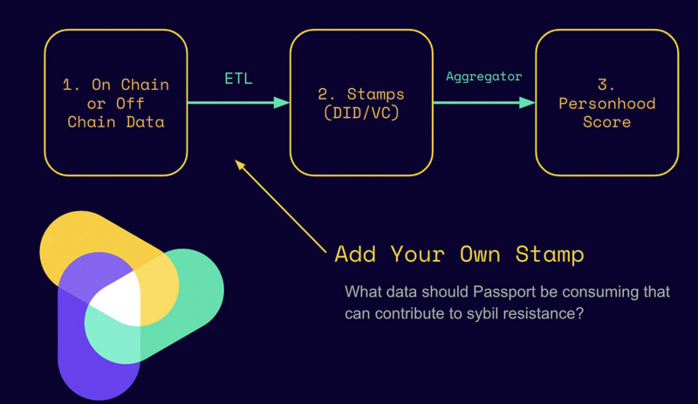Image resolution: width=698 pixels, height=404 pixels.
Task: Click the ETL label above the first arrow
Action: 238,79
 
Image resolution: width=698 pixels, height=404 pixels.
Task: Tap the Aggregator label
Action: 483,76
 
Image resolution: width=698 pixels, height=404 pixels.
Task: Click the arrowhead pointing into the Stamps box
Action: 281,103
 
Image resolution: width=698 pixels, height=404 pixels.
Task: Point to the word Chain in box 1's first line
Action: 145,85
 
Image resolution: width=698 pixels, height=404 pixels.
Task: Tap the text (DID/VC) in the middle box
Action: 361,113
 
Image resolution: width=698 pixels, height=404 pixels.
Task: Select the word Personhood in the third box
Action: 606,103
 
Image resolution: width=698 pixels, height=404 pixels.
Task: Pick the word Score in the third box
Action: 606,121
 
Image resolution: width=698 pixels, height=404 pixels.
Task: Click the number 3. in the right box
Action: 606,85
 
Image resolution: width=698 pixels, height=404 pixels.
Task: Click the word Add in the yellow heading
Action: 355,254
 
